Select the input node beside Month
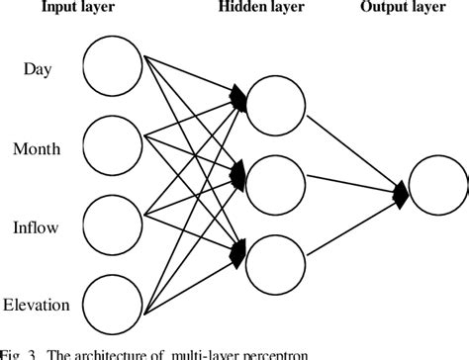114,148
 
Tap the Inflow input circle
114,226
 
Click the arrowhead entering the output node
401,188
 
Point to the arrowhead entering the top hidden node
238,96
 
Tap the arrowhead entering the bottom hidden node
238,253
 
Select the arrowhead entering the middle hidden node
238,176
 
